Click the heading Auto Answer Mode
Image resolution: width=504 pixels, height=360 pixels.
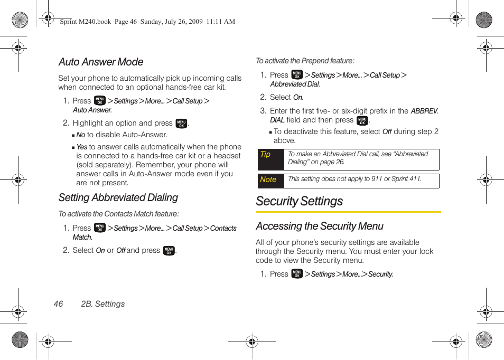(x=101, y=62)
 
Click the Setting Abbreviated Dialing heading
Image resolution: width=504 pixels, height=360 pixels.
(x=118, y=198)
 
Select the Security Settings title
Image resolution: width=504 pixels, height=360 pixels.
(x=299, y=202)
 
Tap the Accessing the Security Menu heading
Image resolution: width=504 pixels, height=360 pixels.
(x=320, y=226)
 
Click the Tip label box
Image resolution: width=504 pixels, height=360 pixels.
(x=270, y=159)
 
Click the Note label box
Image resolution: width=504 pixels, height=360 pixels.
(x=270, y=181)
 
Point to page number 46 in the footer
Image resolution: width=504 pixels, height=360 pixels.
(x=58, y=304)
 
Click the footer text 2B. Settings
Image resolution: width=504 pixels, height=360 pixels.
(x=103, y=304)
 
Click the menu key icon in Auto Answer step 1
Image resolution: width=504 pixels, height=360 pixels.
(x=100, y=101)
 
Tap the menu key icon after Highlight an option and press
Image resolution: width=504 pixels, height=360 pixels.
(x=181, y=124)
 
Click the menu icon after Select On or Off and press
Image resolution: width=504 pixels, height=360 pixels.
(x=169, y=251)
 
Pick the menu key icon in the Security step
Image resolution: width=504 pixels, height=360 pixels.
(x=297, y=274)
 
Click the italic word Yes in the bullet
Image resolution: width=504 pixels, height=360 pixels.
(x=82, y=147)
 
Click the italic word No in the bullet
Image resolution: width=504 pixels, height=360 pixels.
(x=81, y=135)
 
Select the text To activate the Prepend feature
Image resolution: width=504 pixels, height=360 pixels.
(x=305, y=61)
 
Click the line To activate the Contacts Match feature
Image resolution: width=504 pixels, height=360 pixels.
(x=119, y=214)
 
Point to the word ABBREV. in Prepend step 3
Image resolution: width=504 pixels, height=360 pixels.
(x=424, y=111)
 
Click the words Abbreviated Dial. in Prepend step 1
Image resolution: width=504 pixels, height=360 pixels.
(x=295, y=84)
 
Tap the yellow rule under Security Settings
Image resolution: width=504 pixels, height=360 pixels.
(x=348, y=212)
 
